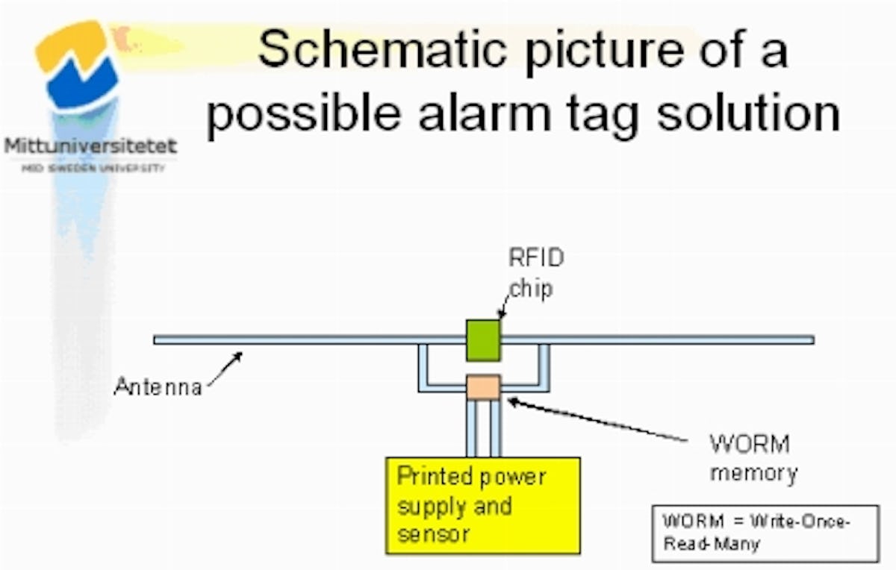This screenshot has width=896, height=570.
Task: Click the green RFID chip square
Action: pyautogui.click(x=483, y=339)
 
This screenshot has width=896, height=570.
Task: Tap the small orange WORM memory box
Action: pyautogui.click(x=482, y=386)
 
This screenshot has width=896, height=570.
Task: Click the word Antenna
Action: pyautogui.click(x=158, y=387)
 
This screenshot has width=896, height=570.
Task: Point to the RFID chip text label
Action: pyautogui.click(x=535, y=273)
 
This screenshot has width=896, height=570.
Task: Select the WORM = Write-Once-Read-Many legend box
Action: pyautogui.click(x=765, y=533)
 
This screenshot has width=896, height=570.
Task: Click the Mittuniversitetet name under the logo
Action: pyautogui.click(x=90, y=145)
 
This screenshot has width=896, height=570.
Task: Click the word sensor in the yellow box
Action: pyautogui.click(x=433, y=533)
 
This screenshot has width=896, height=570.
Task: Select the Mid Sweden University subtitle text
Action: pyautogui.click(x=93, y=169)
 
